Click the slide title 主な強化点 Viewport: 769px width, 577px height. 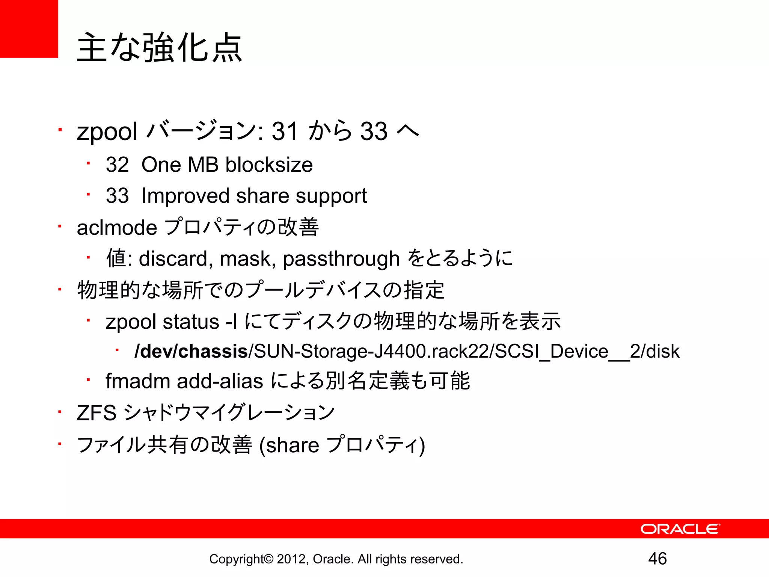160,48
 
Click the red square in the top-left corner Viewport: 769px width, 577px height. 29,29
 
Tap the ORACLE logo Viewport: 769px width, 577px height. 680,529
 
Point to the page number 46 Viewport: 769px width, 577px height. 657,559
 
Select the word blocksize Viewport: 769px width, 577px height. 269,165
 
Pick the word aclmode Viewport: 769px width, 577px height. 117,228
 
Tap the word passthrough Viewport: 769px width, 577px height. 341,259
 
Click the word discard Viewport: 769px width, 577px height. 173,259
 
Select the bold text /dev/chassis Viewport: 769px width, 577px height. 191,351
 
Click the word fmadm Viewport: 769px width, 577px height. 138,381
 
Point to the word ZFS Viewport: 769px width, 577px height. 97,413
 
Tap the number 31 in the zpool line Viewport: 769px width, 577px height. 285,131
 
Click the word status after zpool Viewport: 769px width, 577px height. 191,322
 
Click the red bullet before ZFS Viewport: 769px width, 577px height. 60,412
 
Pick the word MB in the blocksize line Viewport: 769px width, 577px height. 203,165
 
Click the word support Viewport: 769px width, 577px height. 331,196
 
